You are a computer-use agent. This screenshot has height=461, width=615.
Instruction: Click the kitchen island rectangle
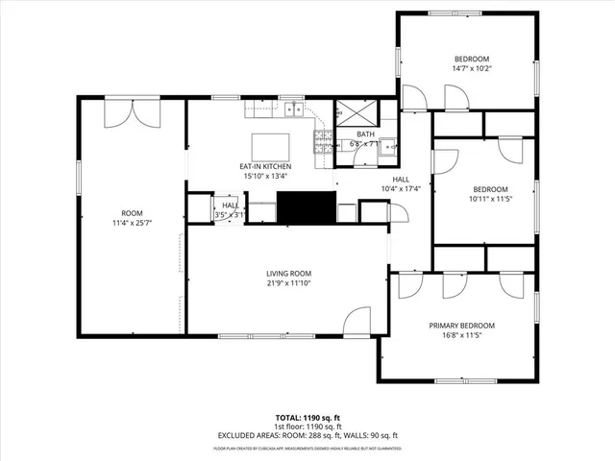coord(270,147)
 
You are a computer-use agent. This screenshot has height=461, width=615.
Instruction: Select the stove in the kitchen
coord(321,145)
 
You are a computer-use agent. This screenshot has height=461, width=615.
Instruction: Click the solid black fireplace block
coord(306,206)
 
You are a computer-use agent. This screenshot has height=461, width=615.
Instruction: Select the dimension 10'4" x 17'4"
coord(401,188)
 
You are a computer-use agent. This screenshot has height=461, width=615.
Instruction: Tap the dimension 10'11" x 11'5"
coord(489,199)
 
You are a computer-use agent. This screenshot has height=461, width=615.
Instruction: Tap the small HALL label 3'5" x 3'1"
coord(230,215)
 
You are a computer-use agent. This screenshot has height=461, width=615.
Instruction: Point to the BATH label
coord(366,134)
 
